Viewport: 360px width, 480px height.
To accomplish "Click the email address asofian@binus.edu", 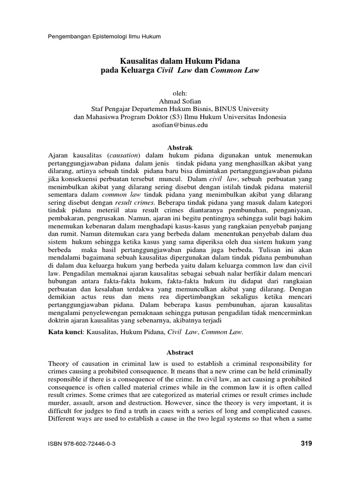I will click(x=180, y=125).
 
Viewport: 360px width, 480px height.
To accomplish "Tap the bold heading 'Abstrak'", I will click(x=180, y=147).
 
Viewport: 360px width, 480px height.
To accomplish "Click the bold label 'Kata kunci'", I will click(x=66, y=332).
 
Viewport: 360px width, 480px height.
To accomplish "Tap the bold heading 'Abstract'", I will click(x=180, y=352).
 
